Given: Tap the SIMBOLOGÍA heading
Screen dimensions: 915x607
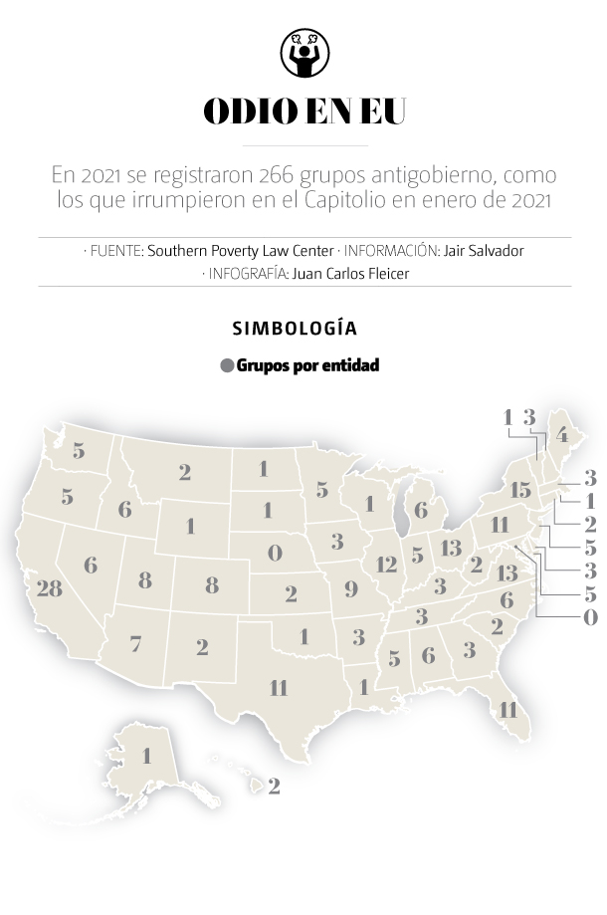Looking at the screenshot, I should coord(295,328).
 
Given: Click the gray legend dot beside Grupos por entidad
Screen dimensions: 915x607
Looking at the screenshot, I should coord(227,365).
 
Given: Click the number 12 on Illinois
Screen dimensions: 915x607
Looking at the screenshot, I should coord(387,565).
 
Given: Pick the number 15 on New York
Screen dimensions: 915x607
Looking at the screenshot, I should coord(520,490).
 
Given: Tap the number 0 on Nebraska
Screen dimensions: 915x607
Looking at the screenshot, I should coord(276,552).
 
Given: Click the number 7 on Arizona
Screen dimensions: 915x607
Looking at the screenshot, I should coord(135,644).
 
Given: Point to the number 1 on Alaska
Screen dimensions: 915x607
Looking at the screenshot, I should coord(146,756).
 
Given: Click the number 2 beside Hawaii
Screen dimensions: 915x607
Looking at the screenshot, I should coord(274,787).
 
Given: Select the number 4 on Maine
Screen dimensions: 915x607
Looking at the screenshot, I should coord(561,435).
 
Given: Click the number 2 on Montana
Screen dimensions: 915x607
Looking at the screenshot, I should coord(185,473).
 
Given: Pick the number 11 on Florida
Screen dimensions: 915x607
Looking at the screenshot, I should coord(508,710).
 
